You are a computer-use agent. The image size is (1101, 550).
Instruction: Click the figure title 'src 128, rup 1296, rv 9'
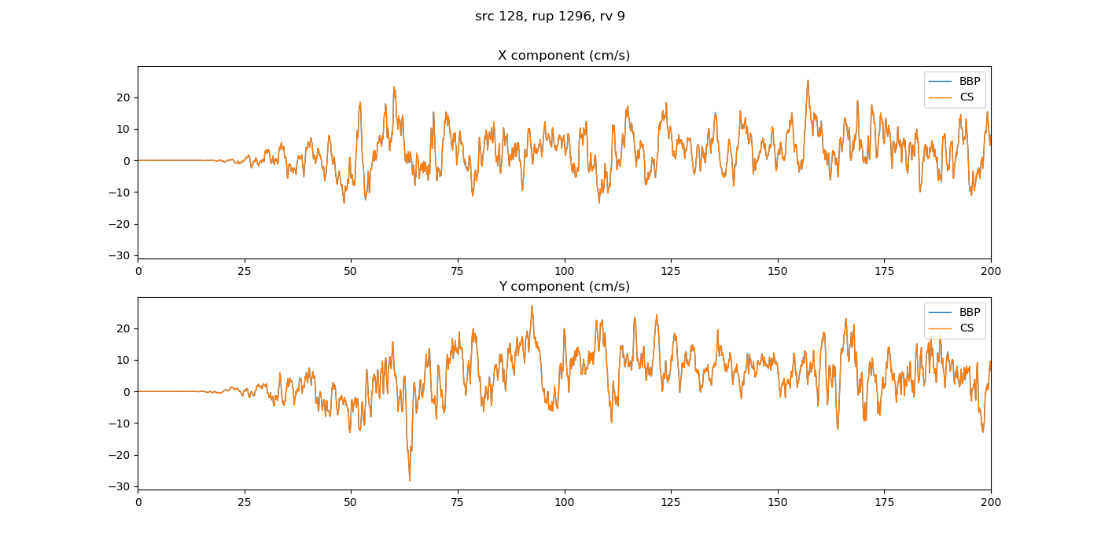(550, 16)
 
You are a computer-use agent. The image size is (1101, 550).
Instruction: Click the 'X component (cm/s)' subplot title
(564, 56)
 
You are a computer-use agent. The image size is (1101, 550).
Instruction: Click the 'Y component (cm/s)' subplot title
(564, 287)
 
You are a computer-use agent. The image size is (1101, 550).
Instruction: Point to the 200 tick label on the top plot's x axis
(990, 271)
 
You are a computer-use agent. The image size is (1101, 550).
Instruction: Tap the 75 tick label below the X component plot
(458, 271)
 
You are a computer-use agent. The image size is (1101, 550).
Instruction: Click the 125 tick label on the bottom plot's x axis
(671, 502)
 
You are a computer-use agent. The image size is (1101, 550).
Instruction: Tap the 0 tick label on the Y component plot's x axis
(138, 502)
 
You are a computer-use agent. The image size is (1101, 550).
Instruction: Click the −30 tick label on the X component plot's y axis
(120, 255)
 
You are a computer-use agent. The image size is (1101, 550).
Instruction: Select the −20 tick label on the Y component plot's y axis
(120, 455)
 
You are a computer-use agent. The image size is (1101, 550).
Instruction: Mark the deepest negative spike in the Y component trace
(410, 480)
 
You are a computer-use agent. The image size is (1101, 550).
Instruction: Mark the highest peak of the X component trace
(807, 80)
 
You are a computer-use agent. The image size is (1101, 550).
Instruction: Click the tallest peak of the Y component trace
(532, 306)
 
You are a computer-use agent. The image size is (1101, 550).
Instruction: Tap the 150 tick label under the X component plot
(777, 271)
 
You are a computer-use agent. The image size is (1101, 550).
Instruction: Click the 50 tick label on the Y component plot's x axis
(351, 502)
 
